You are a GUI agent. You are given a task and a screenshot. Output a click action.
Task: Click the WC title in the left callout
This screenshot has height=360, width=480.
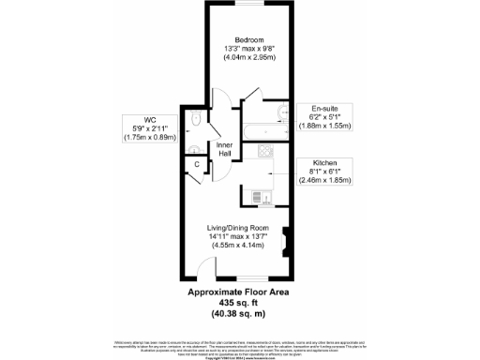coord(151,120)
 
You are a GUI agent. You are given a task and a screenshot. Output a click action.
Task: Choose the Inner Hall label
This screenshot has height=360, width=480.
coord(224,150)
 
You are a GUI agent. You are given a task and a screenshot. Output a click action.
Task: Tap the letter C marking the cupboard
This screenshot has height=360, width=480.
coord(196,166)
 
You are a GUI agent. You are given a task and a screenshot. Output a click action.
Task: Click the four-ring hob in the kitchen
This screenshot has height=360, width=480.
coord(264,150)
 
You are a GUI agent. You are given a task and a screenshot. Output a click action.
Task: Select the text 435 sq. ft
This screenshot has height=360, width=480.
coord(239,303)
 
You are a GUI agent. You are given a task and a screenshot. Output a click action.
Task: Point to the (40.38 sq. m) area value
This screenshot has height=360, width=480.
coord(239,313)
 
